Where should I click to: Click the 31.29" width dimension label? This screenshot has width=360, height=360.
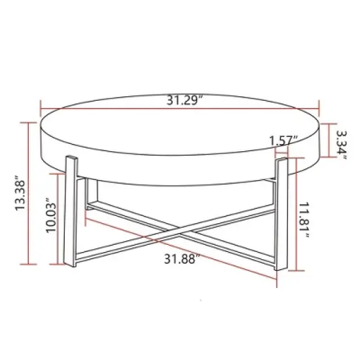(185, 100)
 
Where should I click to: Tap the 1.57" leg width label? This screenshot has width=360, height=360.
(283, 140)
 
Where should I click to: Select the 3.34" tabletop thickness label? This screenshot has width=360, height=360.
(340, 141)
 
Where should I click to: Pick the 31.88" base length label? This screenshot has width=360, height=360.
(181, 258)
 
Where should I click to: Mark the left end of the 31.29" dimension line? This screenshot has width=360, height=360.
(41, 109)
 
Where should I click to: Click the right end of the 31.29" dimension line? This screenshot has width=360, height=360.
(319, 109)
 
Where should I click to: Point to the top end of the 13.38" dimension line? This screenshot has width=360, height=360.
(29, 122)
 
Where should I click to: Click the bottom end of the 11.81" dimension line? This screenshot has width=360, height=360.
(298, 270)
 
